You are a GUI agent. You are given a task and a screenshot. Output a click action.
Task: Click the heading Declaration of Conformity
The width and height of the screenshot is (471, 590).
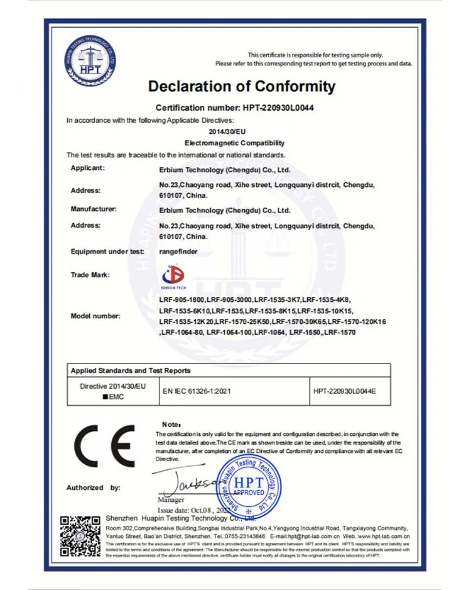(242, 86)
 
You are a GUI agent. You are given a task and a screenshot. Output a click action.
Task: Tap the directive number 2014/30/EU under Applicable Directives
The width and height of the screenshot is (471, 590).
(235, 131)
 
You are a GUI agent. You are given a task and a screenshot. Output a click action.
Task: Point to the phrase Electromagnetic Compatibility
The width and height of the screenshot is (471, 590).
(235, 143)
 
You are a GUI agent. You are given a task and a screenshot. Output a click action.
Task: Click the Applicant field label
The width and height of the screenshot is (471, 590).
(88, 168)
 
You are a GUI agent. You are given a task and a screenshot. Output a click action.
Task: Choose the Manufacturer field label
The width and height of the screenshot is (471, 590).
(94, 208)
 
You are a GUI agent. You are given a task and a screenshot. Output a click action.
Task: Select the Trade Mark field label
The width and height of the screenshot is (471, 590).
(90, 275)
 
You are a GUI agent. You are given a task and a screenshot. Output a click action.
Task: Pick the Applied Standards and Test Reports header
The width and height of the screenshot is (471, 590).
(131, 370)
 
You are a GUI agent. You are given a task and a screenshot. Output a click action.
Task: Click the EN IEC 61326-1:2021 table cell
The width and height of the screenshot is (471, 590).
(197, 391)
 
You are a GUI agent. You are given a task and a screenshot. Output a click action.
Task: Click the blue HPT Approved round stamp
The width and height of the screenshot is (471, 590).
(249, 486)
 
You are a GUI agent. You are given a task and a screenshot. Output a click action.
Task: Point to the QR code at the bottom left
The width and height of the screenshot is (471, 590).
(79, 535)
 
